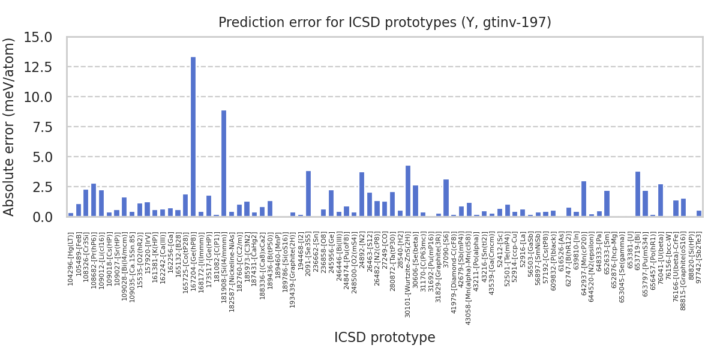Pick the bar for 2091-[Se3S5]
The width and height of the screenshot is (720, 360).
point(308,194)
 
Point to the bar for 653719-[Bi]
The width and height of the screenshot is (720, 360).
point(638,194)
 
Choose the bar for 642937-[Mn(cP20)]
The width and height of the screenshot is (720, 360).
point(584,199)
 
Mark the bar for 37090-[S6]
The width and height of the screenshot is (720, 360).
point(446,198)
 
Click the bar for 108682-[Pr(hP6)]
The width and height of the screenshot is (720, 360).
point(94,200)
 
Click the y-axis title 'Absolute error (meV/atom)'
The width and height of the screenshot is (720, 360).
point(10,127)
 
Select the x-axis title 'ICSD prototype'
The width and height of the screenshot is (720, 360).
point(385,338)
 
